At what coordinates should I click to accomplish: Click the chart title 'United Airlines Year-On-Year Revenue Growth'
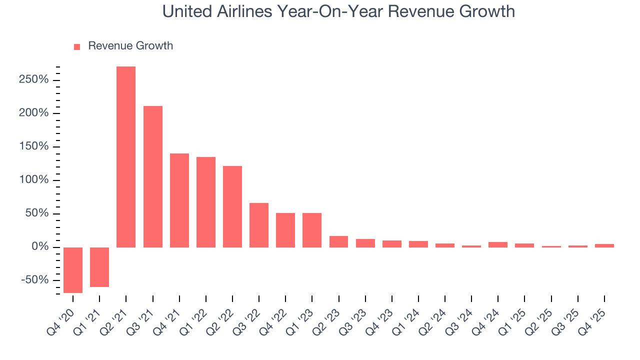338,11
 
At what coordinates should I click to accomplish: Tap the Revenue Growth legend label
130,46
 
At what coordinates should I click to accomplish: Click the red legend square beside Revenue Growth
77,46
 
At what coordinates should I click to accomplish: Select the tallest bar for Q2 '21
126,156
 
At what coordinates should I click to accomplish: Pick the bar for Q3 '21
152,176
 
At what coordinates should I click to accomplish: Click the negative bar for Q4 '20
73,270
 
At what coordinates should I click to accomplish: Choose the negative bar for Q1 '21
99,267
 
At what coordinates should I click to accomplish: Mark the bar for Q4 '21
179,200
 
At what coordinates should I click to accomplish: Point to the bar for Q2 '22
232,206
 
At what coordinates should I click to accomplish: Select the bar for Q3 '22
259,225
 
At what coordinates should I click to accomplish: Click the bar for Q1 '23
312,230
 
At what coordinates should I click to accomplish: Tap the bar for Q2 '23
338,241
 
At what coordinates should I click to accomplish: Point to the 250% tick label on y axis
34,80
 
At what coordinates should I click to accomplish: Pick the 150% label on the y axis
34,146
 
